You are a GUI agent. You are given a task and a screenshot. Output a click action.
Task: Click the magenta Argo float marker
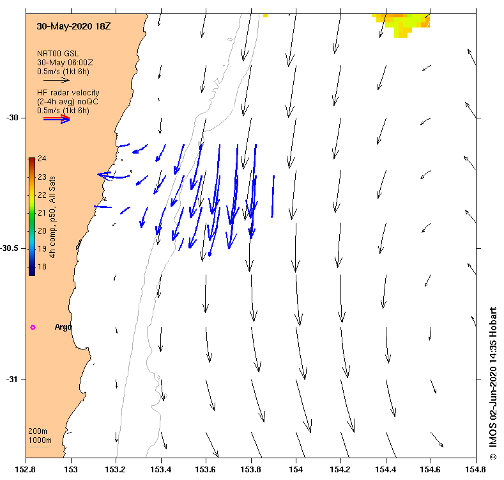(x=33, y=327)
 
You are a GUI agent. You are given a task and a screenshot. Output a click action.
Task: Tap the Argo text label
(x=63, y=327)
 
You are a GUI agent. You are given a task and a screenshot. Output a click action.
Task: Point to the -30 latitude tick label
(x=13, y=118)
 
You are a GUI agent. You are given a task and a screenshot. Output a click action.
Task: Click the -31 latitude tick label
(x=13, y=380)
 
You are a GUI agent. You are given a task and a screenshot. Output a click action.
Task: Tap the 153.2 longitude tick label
(x=116, y=470)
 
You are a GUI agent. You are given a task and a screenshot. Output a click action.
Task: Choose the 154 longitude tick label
(x=296, y=470)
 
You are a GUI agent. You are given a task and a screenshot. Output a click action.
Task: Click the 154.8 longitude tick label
(x=476, y=470)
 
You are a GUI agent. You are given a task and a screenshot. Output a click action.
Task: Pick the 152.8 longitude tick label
(x=26, y=470)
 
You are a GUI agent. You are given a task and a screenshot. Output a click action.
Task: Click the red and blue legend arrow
(x=56, y=119)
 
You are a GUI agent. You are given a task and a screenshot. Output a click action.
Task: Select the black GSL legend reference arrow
(x=56, y=81)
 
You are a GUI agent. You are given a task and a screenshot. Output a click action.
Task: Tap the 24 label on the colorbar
(x=42, y=158)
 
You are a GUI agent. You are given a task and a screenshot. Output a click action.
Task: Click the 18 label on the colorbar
(x=42, y=266)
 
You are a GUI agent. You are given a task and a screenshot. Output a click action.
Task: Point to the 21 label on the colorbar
(x=42, y=212)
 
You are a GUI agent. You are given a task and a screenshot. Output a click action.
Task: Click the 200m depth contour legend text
(x=38, y=431)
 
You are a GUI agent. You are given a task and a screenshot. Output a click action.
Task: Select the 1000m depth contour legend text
(x=40, y=440)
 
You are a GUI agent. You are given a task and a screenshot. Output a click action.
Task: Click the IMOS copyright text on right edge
(x=493, y=384)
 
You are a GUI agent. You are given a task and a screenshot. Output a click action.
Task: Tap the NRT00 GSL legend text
(x=57, y=53)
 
